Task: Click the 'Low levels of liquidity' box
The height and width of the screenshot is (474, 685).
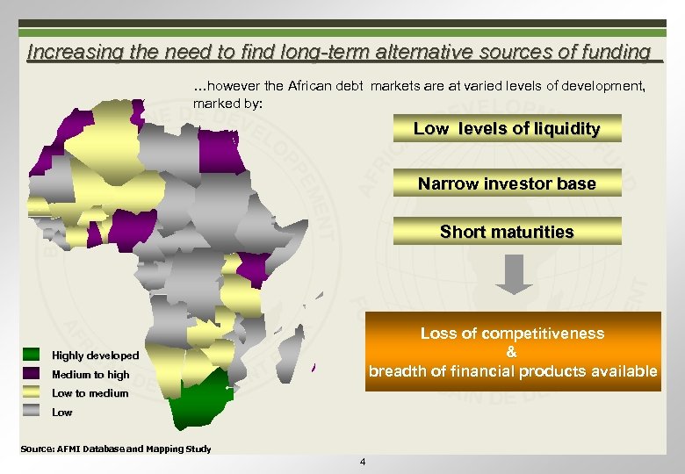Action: [x=507, y=129]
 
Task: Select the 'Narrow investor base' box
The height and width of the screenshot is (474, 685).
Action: [x=507, y=183]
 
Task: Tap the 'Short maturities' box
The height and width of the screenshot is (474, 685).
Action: [x=507, y=232]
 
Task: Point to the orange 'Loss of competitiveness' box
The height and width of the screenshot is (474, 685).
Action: [x=513, y=351]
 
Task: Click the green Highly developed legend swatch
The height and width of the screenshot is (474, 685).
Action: [x=32, y=355]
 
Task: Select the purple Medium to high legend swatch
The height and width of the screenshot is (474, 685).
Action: [x=32, y=374]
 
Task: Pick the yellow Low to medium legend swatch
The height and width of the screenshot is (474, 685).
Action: [x=32, y=392]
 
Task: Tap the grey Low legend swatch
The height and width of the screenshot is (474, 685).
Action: [x=32, y=411]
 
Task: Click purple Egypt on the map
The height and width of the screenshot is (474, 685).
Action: [x=219, y=149]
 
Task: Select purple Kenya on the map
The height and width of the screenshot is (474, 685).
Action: [x=255, y=268]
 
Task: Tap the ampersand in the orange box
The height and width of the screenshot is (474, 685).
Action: [x=512, y=352]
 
